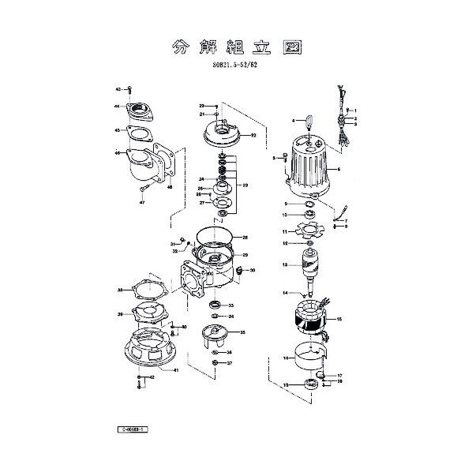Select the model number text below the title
click(x=236, y=69)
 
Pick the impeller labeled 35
click(x=215, y=335)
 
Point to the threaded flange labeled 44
click(x=144, y=108)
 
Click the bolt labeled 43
click(x=129, y=90)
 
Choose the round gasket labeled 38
click(x=146, y=290)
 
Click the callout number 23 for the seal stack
click(x=245, y=185)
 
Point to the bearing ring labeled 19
click(x=309, y=385)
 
